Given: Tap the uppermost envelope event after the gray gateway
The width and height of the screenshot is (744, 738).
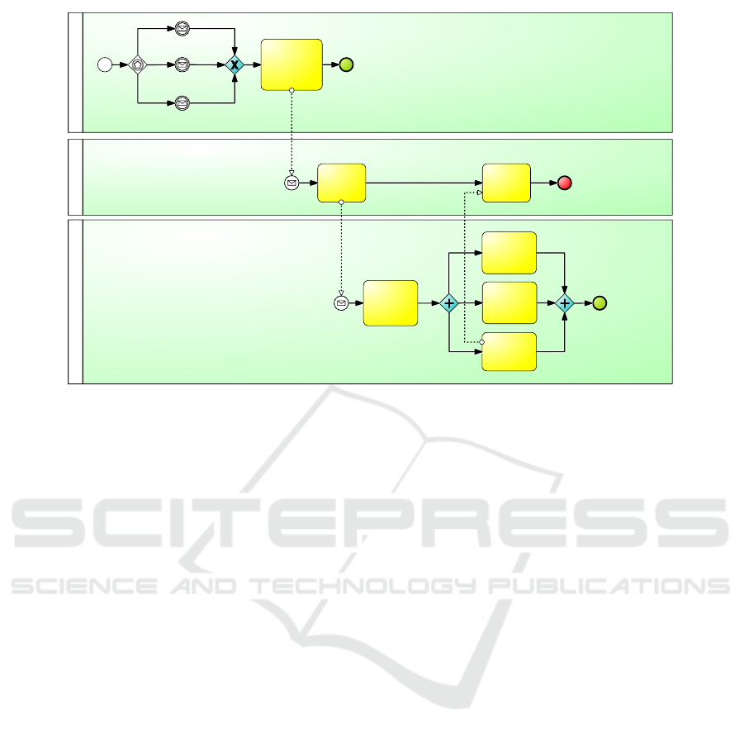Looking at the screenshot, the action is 182,29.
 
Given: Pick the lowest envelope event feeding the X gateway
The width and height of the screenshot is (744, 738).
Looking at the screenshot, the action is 182,102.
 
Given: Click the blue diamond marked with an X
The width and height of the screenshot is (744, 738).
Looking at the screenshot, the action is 235,64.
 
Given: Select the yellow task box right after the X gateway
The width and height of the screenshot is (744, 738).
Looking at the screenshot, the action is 291,64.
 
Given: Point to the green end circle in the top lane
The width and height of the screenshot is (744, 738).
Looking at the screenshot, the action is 346,64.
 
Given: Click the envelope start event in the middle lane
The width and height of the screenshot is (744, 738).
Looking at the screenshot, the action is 291,183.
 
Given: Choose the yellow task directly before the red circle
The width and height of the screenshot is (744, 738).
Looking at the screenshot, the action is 506,183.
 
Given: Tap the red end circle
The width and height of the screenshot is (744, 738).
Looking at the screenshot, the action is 564,183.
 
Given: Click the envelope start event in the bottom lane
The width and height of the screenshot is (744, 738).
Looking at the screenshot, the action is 341,303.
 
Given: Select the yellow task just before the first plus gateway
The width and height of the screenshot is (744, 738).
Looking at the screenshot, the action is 391,303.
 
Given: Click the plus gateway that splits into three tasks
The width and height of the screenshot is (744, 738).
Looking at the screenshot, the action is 449,303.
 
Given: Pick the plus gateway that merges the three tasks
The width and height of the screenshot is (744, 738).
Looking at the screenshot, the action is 565,303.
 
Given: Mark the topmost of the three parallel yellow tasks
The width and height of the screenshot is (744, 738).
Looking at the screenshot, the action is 509,253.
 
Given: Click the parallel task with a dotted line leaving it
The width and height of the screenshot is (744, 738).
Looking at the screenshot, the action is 509,352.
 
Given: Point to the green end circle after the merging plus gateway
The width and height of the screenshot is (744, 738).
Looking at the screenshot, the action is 600,303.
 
